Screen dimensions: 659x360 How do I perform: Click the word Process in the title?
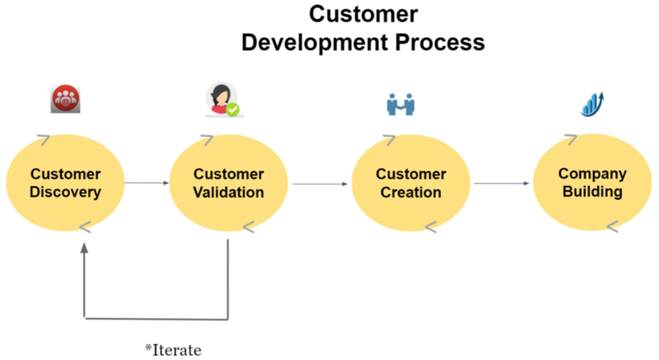point(440,43)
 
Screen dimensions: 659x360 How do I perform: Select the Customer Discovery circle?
point(65,183)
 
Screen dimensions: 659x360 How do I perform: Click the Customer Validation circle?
point(229,183)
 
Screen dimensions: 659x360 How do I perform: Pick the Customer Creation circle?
point(410,183)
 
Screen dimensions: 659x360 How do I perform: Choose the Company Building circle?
point(592,182)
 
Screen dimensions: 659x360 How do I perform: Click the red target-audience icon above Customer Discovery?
point(65,99)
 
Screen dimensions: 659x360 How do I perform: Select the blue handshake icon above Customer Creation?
point(400,104)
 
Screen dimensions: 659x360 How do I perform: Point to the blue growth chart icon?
point(592,104)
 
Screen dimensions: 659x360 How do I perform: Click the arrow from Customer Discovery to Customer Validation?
point(147,183)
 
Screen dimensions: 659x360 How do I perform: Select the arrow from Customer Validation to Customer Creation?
point(320,184)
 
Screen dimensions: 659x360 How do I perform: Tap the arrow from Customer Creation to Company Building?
point(502,183)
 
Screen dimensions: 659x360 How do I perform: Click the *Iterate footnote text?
point(173,350)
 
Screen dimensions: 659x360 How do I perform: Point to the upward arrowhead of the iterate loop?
point(85,248)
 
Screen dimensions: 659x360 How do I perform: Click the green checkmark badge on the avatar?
point(233,110)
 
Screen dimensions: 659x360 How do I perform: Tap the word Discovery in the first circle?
point(65,192)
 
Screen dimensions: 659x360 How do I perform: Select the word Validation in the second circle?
point(229,193)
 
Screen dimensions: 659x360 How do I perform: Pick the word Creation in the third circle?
point(411,193)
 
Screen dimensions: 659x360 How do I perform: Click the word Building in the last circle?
point(592,192)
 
